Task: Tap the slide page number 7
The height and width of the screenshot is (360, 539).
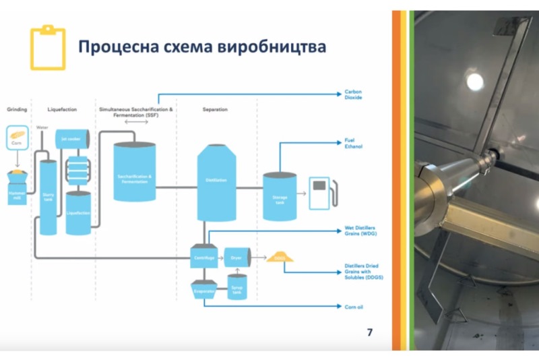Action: (x=369, y=332)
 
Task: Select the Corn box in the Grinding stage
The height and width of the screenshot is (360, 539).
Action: (x=18, y=137)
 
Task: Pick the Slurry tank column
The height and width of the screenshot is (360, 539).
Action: (x=48, y=196)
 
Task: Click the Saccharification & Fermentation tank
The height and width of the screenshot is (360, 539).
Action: (x=135, y=174)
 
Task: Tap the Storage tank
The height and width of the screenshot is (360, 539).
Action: (x=279, y=196)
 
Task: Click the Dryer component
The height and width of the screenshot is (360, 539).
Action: (x=236, y=257)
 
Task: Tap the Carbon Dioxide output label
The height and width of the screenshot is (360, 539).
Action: (x=354, y=94)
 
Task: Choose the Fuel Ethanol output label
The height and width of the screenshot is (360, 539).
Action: (x=354, y=143)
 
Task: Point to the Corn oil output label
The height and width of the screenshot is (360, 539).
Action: (x=355, y=306)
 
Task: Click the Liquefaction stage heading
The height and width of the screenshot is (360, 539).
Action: (x=63, y=109)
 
